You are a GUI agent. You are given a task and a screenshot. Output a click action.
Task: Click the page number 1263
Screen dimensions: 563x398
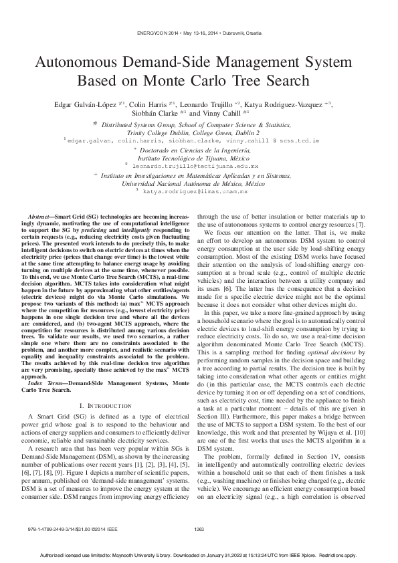coord(199,530)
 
